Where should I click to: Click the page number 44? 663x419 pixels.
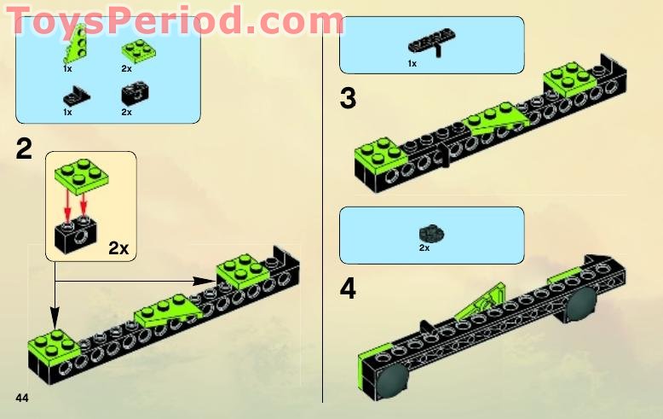(x=21, y=399)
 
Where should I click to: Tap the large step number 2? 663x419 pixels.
(x=24, y=149)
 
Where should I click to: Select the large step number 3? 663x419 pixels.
(x=348, y=99)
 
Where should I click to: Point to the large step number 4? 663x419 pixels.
(x=348, y=288)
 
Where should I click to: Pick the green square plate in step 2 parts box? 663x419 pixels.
(x=131, y=50)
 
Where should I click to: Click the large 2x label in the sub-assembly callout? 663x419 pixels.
(x=118, y=248)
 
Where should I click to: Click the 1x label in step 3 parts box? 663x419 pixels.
(x=412, y=63)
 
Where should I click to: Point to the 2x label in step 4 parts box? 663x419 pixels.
(x=424, y=248)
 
